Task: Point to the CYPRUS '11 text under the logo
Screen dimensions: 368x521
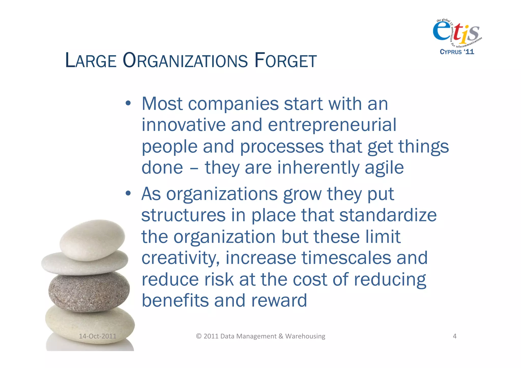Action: point(457,52)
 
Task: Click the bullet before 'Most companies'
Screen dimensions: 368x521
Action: point(128,104)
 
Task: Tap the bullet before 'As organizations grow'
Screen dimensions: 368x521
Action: point(128,194)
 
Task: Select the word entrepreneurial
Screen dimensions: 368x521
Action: point(332,125)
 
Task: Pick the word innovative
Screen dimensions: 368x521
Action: point(183,125)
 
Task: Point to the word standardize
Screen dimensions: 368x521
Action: point(388,215)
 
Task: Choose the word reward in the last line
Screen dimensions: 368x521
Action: point(279,301)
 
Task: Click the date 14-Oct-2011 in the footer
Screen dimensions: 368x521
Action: point(97,336)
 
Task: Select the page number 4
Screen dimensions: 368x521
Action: point(455,336)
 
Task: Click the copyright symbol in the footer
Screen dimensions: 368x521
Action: point(199,336)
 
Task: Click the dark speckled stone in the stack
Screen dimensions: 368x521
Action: point(89,291)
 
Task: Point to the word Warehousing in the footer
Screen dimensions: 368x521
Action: point(305,336)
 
